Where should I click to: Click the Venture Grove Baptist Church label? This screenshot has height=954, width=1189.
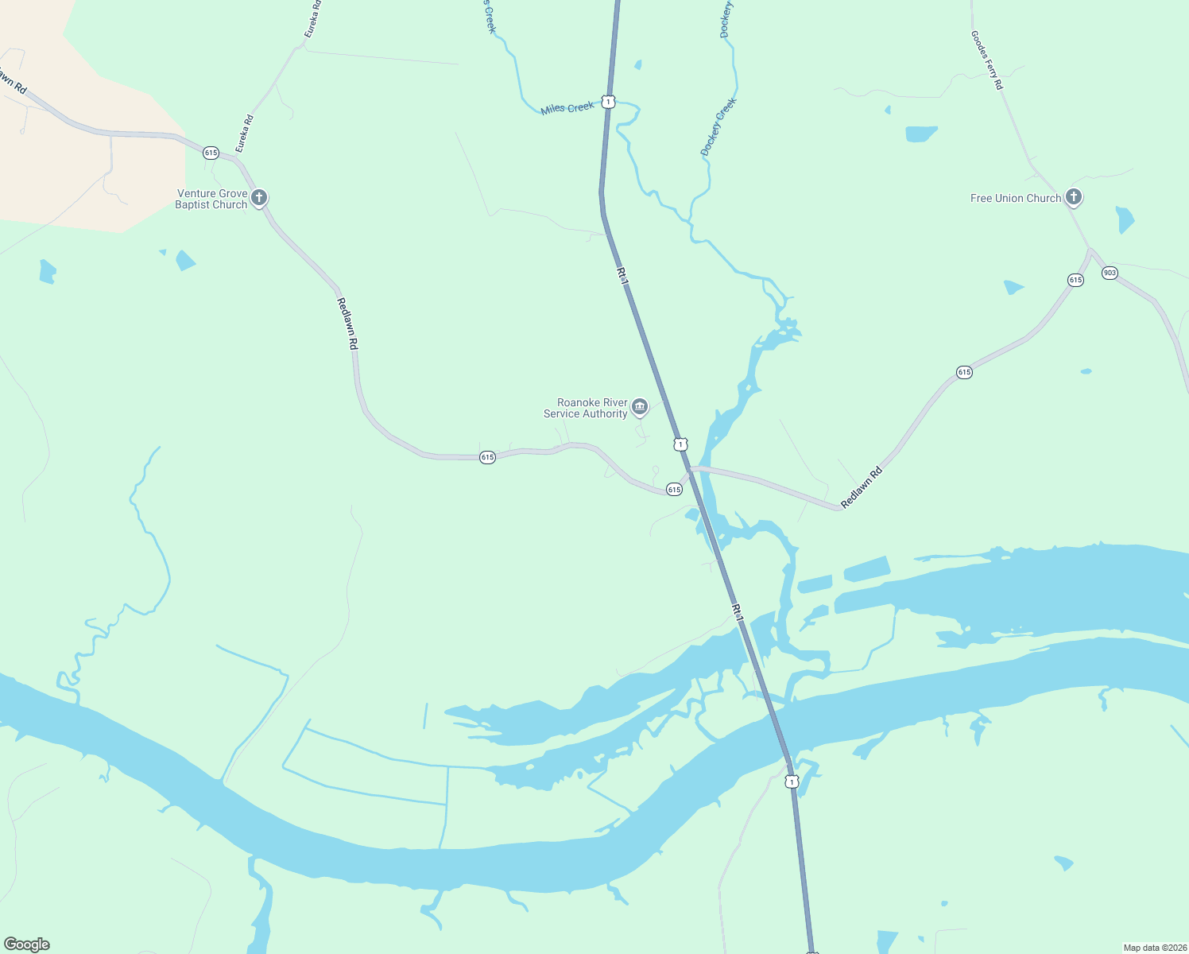click(x=211, y=199)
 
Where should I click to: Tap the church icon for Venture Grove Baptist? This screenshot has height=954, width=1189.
click(x=258, y=197)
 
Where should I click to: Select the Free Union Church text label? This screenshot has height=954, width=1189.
click(x=1015, y=198)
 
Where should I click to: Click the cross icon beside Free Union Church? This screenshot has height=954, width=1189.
click(x=1073, y=197)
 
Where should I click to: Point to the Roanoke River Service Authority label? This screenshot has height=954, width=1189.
click(x=586, y=408)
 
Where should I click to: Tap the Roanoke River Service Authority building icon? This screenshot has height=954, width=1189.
click(x=639, y=407)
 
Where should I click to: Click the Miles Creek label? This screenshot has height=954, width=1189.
click(x=567, y=108)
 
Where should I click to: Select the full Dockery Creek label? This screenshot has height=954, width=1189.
click(x=718, y=126)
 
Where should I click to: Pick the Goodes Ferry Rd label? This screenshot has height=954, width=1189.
click(x=986, y=60)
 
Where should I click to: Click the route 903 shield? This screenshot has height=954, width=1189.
click(x=1110, y=273)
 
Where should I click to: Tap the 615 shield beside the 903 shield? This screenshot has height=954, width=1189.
click(x=1075, y=280)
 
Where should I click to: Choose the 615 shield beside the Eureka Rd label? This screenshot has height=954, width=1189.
click(x=211, y=153)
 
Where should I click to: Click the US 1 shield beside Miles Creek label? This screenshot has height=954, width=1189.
click(x=608, y=102)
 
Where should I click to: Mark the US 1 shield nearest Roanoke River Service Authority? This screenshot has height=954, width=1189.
click(x=680, y=444)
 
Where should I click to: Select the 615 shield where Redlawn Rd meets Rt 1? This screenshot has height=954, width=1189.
click(x=674, y=490)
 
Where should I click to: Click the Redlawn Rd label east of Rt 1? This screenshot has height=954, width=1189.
click(x=862, y=487)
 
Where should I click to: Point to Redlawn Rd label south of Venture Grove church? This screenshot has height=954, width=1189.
click(x=347, y=324)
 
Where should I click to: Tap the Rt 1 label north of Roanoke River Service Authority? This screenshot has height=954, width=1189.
click(x=622, y=276)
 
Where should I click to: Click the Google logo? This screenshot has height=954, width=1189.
click(x=27, y=944)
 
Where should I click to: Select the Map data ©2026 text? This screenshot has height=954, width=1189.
click(x=1154, y=948)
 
